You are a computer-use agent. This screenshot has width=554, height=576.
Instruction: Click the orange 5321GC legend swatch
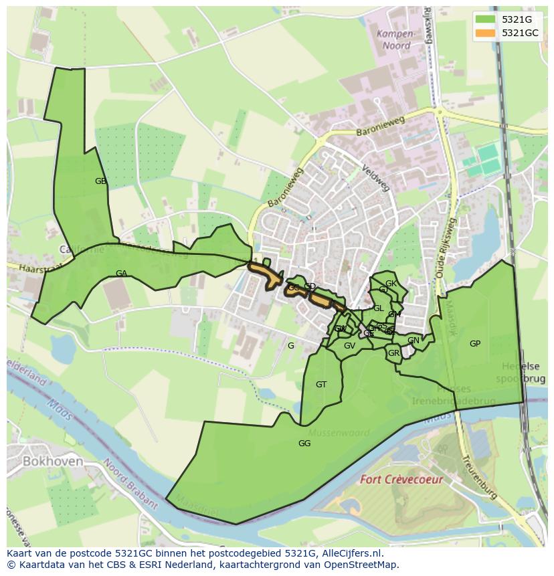coord(486,33)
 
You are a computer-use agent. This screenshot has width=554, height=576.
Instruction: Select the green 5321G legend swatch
coord(486,19)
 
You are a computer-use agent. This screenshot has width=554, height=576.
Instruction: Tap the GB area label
coord(100,181)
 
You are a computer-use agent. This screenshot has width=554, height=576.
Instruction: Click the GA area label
coord(121,274)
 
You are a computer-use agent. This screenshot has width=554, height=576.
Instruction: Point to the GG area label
coord(304,444)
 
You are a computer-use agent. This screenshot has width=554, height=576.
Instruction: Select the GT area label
coord(321,385)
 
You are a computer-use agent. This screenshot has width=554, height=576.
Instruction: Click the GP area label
coord(475,344)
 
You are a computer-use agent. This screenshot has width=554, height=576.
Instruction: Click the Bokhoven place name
coord(53,462)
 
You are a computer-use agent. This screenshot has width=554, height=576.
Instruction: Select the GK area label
coord(391,284)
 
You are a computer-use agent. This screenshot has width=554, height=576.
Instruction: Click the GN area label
coord(413,341)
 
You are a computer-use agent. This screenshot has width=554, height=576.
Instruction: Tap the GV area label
coord(349,346)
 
